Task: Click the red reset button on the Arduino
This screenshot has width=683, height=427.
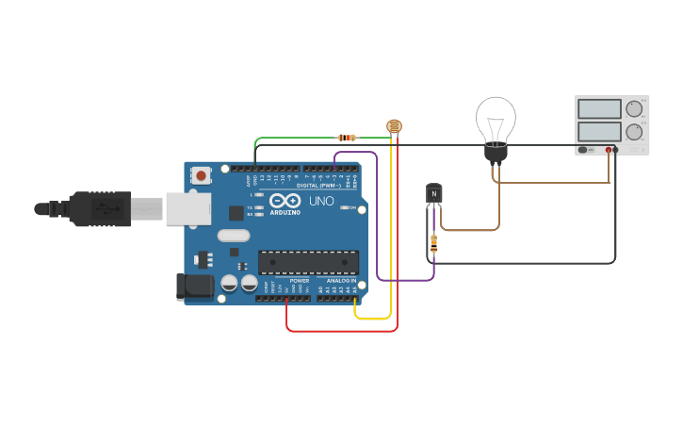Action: coord(201,174)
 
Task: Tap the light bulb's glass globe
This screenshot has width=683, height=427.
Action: coord(496,118)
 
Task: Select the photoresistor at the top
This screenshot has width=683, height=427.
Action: coord(394,126)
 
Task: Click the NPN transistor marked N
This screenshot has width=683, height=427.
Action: coord(433,193)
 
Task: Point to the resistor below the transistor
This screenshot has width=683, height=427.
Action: coord(433,243)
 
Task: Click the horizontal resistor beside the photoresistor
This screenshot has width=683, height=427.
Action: coord(348,138)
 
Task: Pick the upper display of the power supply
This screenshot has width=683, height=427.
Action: coord(599,109)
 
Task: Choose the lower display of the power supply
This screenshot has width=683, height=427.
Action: coord(599,131)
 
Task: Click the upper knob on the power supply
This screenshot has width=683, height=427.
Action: coord(634,108)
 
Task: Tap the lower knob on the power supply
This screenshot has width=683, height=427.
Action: coord(634,131)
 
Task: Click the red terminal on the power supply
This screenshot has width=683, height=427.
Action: coord(609,150)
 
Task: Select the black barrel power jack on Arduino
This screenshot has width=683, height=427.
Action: coord(193,287)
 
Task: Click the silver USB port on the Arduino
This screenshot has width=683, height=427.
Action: coord(188,208)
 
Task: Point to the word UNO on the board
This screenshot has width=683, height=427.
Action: coord(321,201)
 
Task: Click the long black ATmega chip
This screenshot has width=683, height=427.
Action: coord(308,262)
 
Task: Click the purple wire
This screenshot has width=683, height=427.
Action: coord(378,226)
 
